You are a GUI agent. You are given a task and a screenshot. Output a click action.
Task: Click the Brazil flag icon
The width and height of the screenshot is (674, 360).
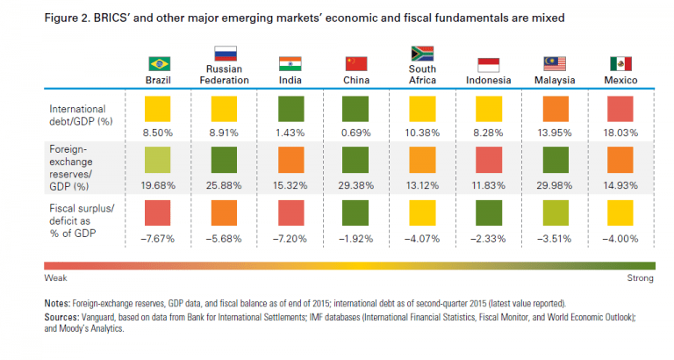(x=159, y=63)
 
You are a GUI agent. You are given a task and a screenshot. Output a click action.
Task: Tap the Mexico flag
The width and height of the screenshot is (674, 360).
(x=621, y=63)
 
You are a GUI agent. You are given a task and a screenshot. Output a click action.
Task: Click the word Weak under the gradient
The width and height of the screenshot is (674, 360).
(x=54, y=278)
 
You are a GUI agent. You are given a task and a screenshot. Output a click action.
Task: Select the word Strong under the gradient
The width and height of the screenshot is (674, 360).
(x=639, y=278)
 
